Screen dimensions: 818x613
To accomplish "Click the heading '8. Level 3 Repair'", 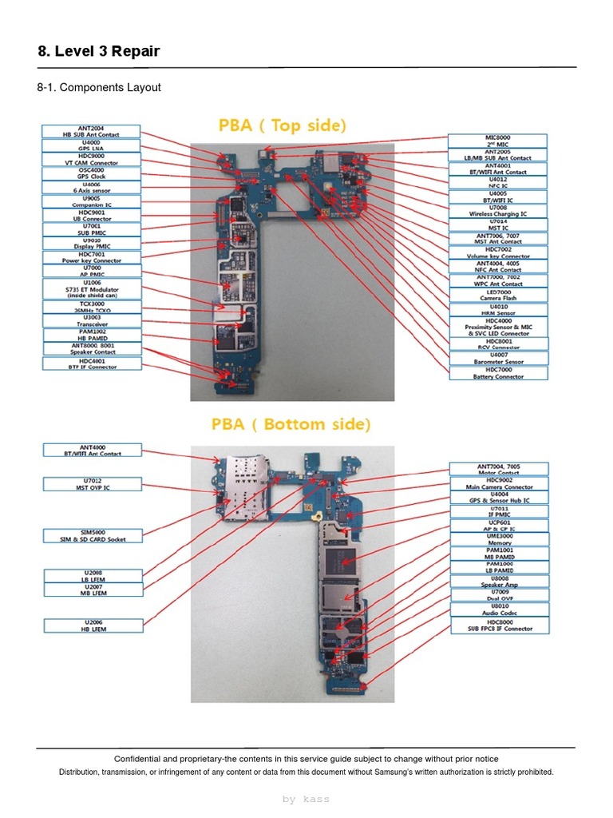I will tap(99, 52).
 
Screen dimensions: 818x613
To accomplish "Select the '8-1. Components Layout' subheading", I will tap(99, 87).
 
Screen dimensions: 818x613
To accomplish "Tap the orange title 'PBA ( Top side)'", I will tap(283, 125).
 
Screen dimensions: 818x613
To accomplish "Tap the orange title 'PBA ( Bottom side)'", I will tap(291, 424).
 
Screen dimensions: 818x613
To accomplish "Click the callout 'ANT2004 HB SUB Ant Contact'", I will tap(92, 131).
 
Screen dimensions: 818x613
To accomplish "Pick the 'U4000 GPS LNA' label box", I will tap(92, 145).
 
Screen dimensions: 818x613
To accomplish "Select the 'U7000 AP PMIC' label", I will tap(92, 270).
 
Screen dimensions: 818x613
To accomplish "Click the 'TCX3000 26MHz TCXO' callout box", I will tap(92, 307).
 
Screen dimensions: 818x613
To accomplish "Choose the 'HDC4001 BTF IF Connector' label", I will tap(92, 363).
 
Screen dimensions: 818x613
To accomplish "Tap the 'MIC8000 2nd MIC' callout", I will tap(498, 141).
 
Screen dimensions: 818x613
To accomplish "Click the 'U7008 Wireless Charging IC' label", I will tap(498, 211).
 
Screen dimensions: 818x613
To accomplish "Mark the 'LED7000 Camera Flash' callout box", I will tap(498, 295).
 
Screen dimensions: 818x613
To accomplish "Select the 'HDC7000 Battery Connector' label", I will tap(498, 373).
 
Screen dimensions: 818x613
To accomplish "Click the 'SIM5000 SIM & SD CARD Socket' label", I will tap(92, 535).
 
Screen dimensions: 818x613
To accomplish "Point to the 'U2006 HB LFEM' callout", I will tap(92, 625).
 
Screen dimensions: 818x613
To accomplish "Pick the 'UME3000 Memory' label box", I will tap(500, 540).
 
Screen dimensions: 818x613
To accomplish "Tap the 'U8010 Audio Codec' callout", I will tap(500, 610).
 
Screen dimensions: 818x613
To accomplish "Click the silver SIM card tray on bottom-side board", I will tap(242, 487).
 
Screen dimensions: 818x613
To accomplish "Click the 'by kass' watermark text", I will tap(306, 799).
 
